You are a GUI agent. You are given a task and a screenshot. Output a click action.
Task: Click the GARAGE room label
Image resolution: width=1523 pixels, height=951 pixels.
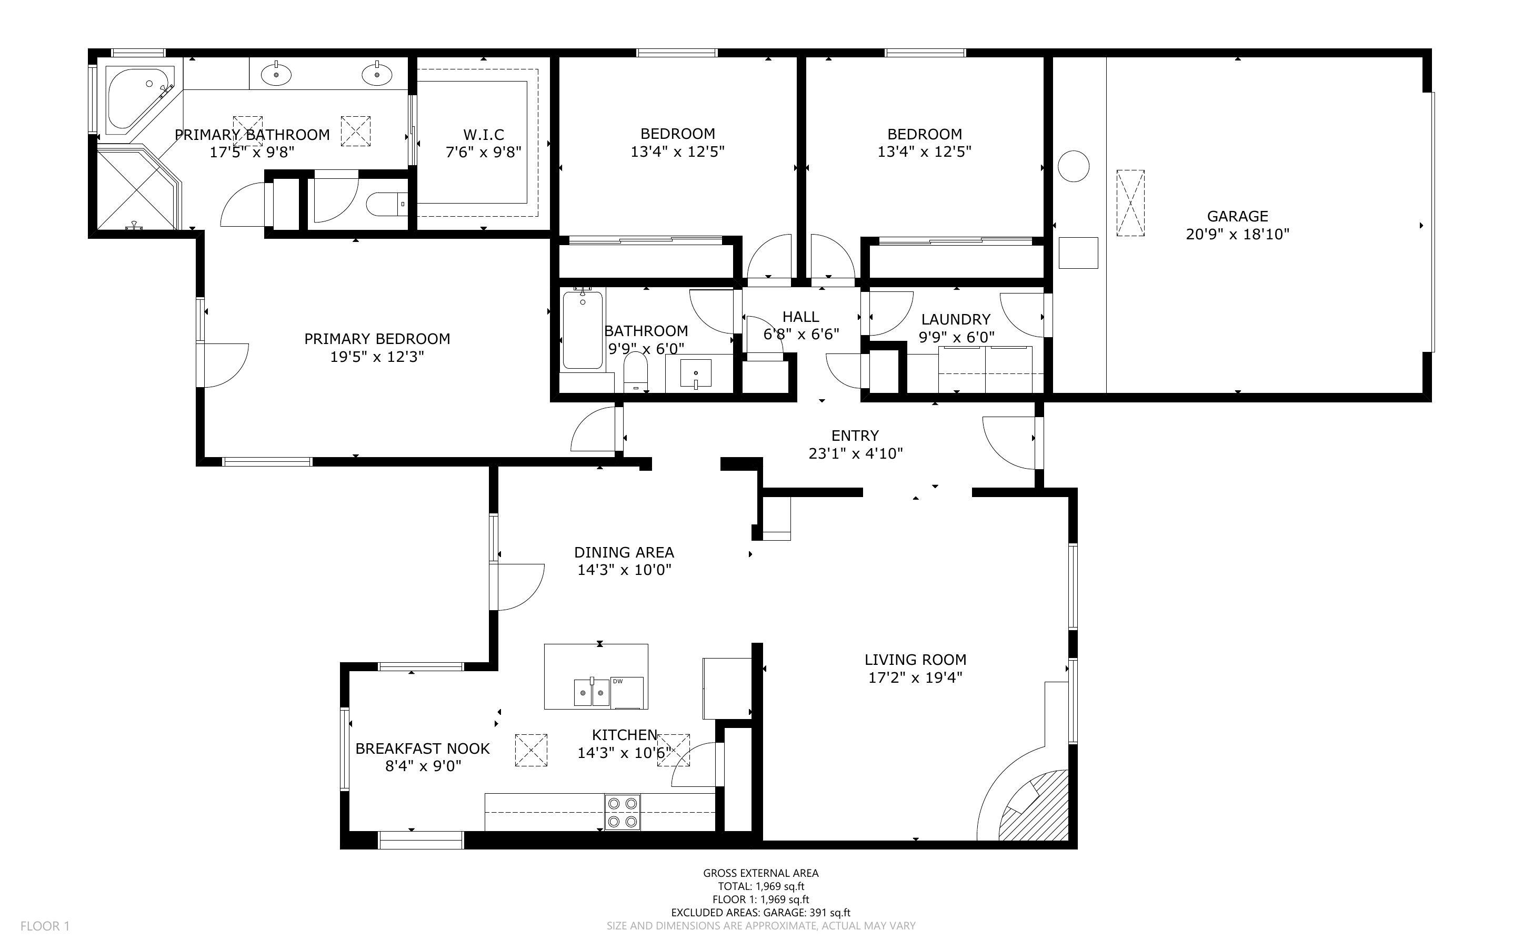pos(1237,216)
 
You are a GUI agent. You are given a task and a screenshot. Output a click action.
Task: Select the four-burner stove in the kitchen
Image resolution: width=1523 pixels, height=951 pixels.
pos(622,812)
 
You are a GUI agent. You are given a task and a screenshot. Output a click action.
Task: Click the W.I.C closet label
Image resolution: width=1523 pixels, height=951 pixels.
pos(483,135)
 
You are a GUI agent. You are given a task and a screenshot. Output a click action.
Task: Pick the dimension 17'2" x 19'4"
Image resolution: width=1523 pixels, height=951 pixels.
pos(915,677)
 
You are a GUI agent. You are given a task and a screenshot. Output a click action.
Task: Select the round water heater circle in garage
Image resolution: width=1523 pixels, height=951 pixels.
pos(1073,167)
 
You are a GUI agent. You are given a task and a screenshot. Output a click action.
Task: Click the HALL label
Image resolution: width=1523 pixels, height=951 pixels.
pos(800,316)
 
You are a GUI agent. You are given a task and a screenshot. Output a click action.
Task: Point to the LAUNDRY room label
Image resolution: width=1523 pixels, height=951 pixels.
pos(955,319)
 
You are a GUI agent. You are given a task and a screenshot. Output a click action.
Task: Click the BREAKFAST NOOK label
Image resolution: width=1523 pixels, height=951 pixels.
pos(422,748)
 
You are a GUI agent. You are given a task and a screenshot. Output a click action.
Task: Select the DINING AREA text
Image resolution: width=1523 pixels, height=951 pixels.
pos(624,552)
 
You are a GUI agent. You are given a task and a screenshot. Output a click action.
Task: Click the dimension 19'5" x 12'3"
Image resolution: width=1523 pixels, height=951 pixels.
pos(377,357)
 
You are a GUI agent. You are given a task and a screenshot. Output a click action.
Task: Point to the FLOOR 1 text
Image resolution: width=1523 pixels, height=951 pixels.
pos(45,926)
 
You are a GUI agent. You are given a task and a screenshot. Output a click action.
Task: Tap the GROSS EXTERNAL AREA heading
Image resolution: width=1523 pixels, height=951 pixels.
pos(760,873)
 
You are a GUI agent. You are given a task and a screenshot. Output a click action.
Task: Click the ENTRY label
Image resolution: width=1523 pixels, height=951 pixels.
pos(854,435)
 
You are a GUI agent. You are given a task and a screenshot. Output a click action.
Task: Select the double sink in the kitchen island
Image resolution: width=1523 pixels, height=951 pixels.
pos(592,693)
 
